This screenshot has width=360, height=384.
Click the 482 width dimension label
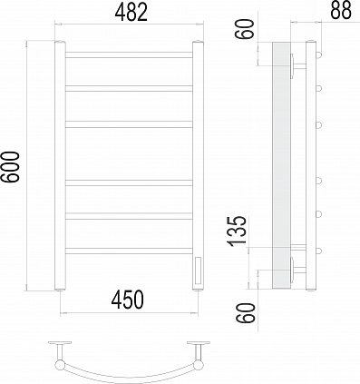(131, 13)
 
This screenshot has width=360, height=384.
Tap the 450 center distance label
(128, 300)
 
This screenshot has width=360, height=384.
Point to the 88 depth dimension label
(341, 10)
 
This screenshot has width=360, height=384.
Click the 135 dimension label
(238, 231)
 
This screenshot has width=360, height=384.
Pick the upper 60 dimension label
(244, 29)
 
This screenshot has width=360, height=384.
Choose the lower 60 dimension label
(246, 313)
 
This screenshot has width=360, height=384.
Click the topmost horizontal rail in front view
(129, 54)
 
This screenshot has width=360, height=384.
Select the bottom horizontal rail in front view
(129, 251)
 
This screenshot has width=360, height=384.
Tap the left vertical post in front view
(60, 165)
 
